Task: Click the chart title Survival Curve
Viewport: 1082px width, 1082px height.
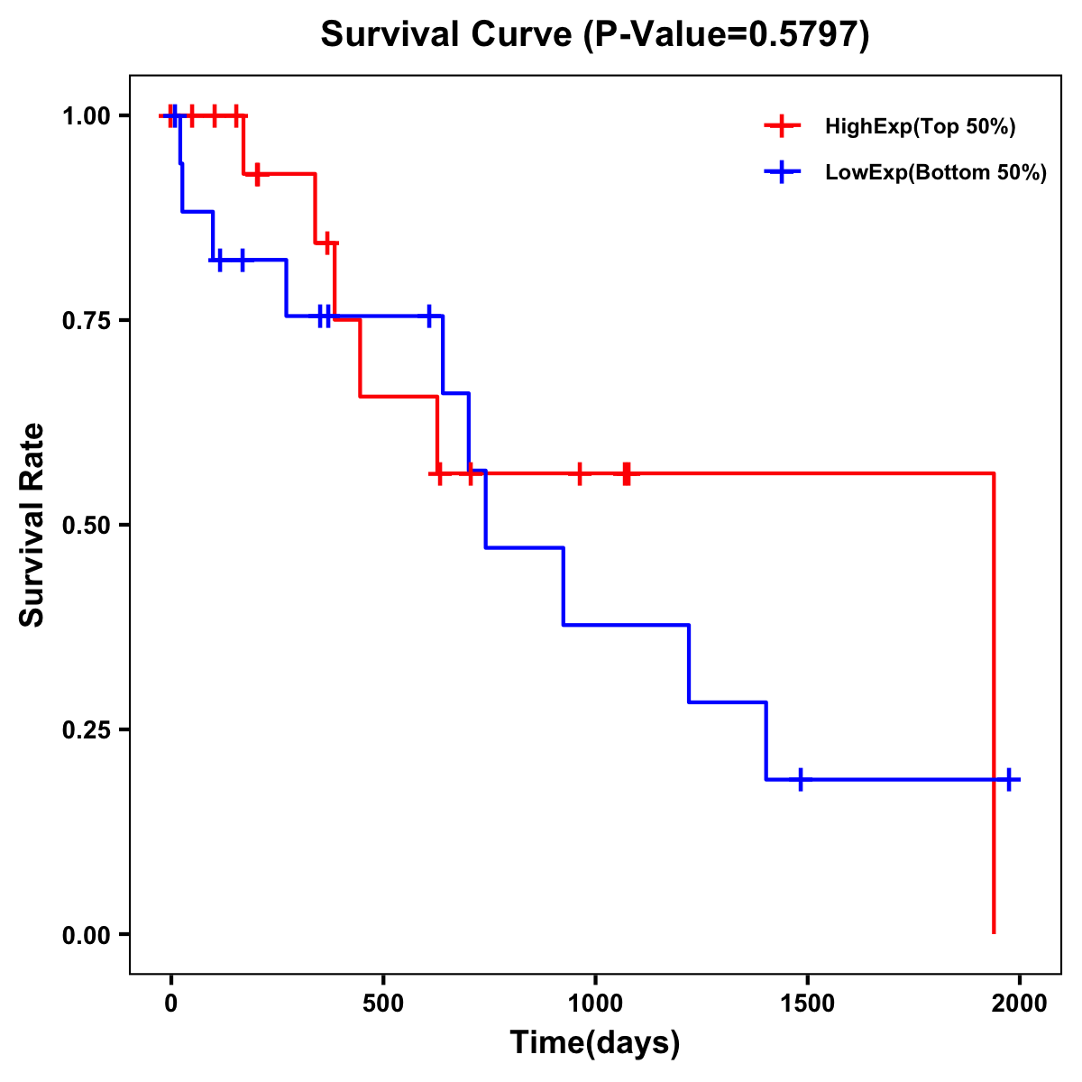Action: tap(446, 35)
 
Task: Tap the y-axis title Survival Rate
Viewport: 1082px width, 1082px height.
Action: tap(32, 525)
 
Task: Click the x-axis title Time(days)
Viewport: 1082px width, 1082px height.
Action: tap(595, 1043)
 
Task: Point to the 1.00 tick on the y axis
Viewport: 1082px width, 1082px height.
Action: tap(86, 115)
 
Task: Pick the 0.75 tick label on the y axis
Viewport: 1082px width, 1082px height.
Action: tap(86, 320)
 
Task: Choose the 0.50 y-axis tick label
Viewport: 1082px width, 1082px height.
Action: tap(86, 525)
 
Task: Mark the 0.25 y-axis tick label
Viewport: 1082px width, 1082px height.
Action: tap(86, 729)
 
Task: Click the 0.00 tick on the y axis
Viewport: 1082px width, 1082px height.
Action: tap(86, 934)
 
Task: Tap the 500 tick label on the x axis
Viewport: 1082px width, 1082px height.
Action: tap(383, 1004)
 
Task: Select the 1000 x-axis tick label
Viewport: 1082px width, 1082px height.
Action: tap(595, 1004)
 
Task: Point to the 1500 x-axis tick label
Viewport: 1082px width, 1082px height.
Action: tap(807, 1004)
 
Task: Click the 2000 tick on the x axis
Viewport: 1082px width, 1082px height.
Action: tap(1020, 1004)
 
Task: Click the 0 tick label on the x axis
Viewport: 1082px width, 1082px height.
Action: tap(171, 1004)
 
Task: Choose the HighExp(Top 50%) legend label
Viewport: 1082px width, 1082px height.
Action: tap(920, 127)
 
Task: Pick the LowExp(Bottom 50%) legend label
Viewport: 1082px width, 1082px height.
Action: tap(936, 173)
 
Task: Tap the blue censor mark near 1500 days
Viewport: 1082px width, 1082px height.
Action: tap(800, 779)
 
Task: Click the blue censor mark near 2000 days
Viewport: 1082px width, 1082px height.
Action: tap(1009, 779)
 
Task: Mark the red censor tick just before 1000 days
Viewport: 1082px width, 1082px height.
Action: tap(579, 473)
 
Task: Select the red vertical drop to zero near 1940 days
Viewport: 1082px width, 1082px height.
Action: tap(994, 703)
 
